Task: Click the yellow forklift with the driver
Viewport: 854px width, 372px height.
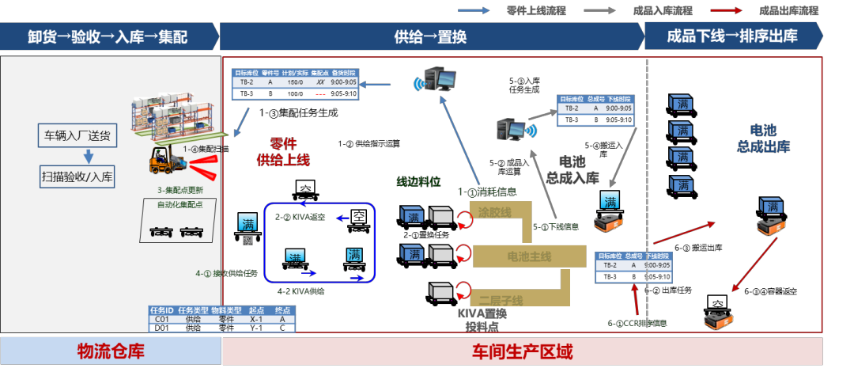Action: pyautogui.click(x=163, y=160)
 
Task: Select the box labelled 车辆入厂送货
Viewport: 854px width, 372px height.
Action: pyautogui.click(x=77, y=135)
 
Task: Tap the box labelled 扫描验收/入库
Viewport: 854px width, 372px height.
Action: pyautogui.click(x=77, y=176)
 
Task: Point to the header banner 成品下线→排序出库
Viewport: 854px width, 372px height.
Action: pyautogui.click(x=731, y=36)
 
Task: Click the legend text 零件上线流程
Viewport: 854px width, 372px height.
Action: pyautogui.click(x=538, y=11)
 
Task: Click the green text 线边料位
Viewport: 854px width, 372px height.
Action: pyautogui.click(x=418, y=181)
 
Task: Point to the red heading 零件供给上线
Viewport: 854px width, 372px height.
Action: pyautogui.click(x=282, y=152)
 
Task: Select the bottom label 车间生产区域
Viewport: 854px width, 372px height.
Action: pyautogui.click(x=522, y=351)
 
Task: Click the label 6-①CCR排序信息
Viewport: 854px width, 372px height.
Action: pyautogui.click(x=637, y=323)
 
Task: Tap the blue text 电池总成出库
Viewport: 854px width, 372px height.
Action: pyautogui.click(x=763, y=138)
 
